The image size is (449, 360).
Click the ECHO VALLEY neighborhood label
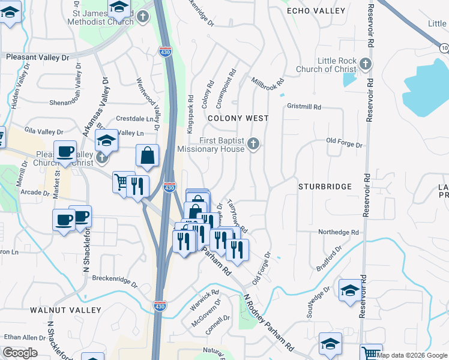(316, 11)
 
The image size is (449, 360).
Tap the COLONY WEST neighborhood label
(238, 119)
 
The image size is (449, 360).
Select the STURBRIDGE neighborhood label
(325, 187)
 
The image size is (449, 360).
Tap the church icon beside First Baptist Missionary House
(254, 143)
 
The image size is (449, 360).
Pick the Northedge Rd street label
(338, 232)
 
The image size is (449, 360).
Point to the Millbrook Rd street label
(267, 81)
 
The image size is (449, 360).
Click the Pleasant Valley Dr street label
(38, 57)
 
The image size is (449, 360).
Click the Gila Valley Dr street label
(43, 131)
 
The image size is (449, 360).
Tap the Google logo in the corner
(20, 353)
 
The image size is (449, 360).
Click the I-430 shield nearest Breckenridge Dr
(159, 305)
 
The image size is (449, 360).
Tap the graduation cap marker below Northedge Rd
(350, 290)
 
